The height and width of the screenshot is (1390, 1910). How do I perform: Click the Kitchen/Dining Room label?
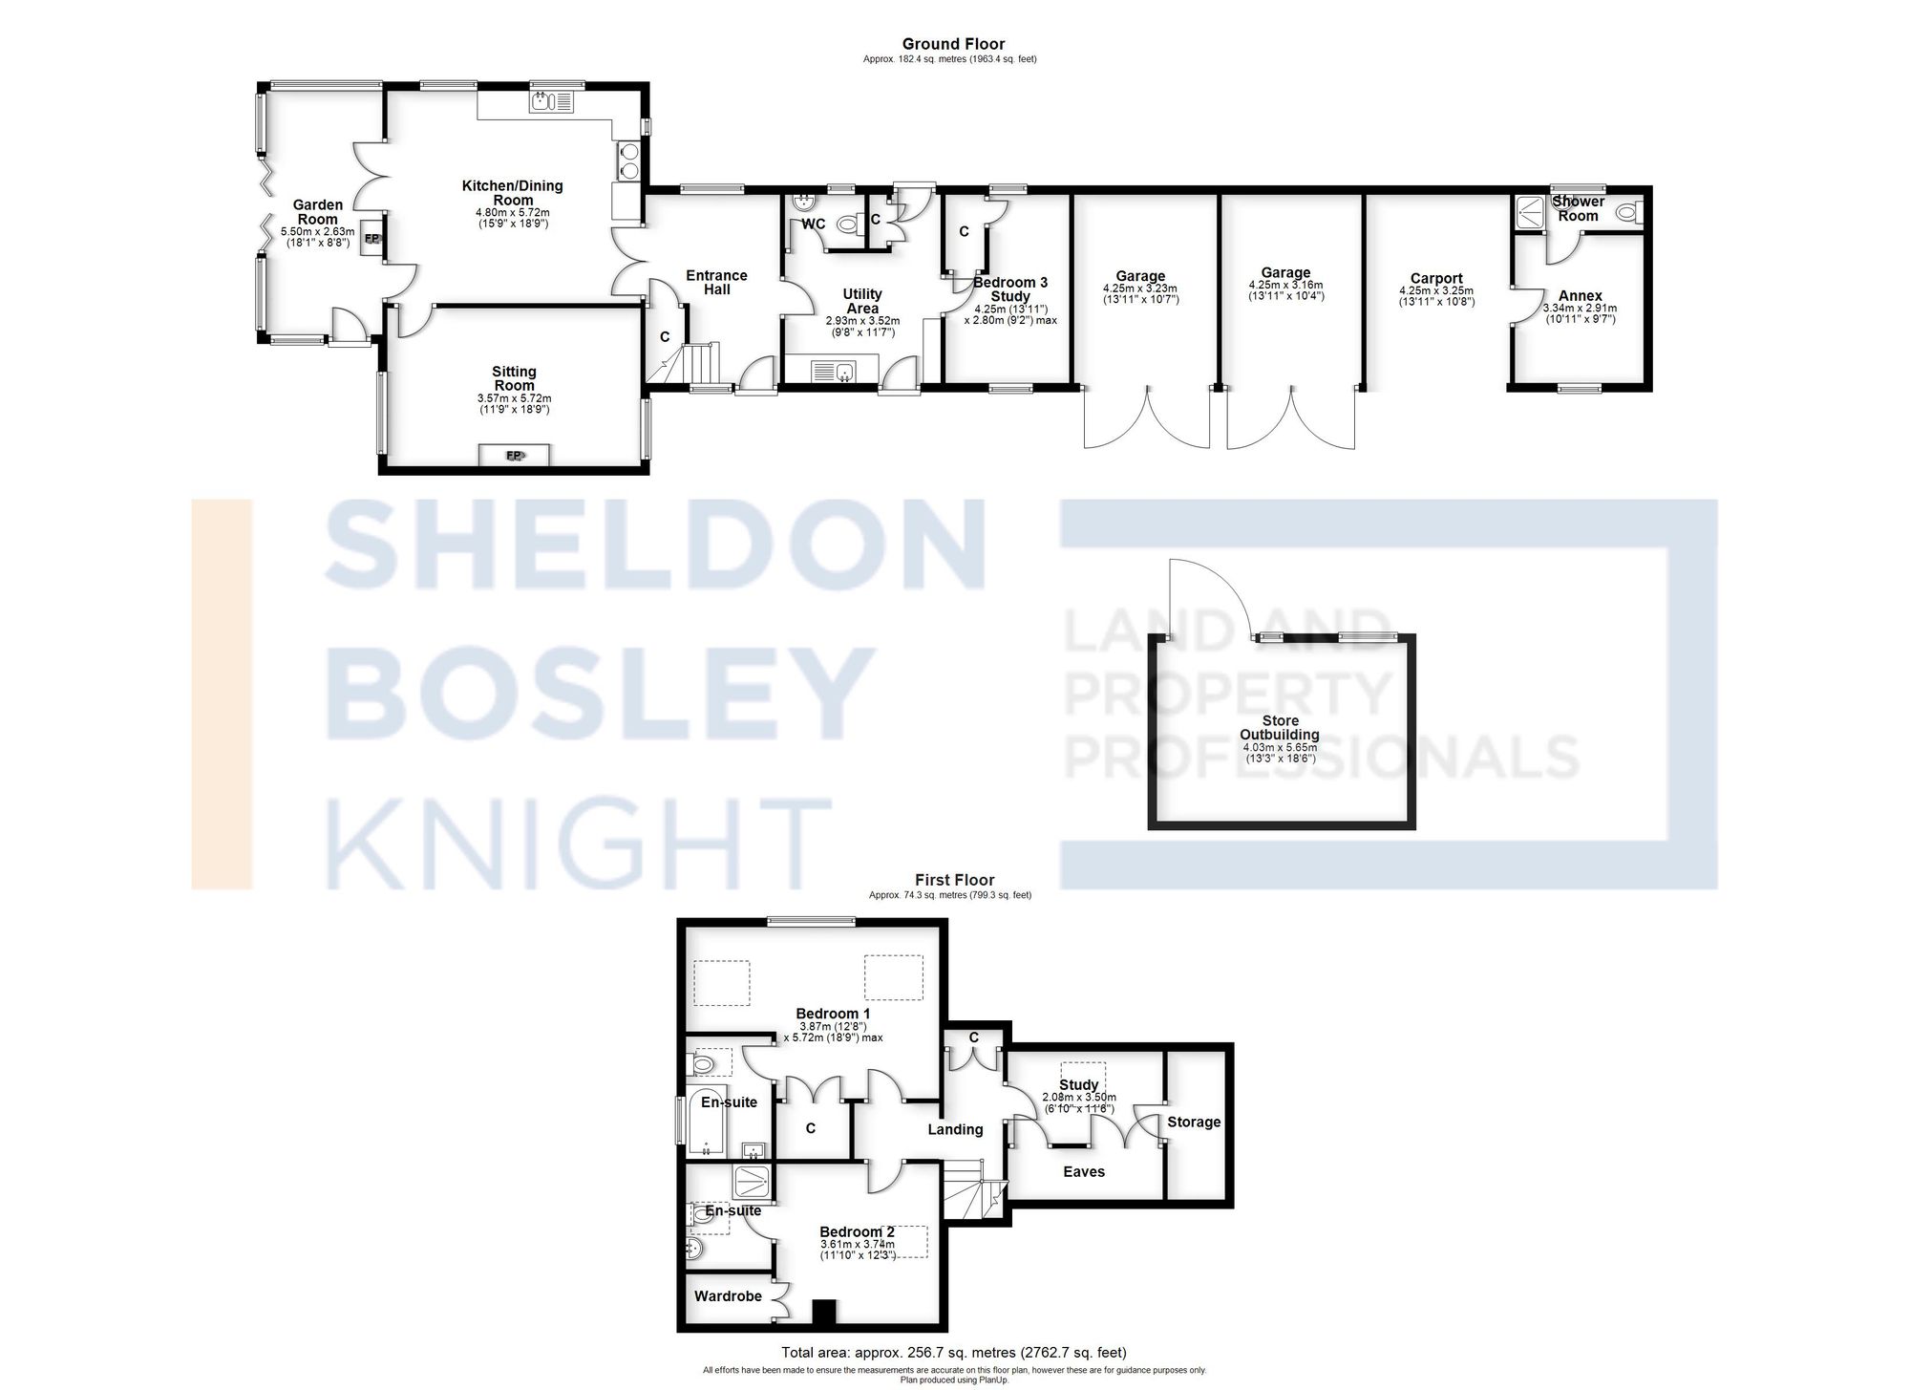(x=512, y=193)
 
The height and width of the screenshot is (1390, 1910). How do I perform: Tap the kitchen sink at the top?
(x=551, y=99)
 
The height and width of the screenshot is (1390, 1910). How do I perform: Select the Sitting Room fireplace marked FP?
(x=515, y=456)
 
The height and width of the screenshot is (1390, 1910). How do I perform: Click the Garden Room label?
(x=317, y=212)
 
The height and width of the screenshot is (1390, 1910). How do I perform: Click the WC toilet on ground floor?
(x=847, y=225)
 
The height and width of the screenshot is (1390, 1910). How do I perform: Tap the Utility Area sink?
(x=833, y=371)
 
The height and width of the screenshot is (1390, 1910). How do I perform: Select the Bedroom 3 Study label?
(x=1009, y=289)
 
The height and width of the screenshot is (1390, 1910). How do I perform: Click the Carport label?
(x=1435, y=279)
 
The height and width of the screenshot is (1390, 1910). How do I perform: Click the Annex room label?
(x=1580, y=296)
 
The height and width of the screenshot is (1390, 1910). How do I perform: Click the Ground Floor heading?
(x=952, y=44)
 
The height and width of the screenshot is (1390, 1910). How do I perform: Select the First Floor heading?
(x=953, y=880)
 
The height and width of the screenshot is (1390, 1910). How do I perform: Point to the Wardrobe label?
(x=728, y=1296)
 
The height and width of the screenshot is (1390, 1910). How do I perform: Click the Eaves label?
(x=1083, y=1171)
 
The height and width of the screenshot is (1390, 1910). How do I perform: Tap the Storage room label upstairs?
(x=1194, y=1122)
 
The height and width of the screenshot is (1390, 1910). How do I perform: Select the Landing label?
(x=955, y=1129)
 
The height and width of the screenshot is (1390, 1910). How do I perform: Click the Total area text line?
(x=953, y=1352)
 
